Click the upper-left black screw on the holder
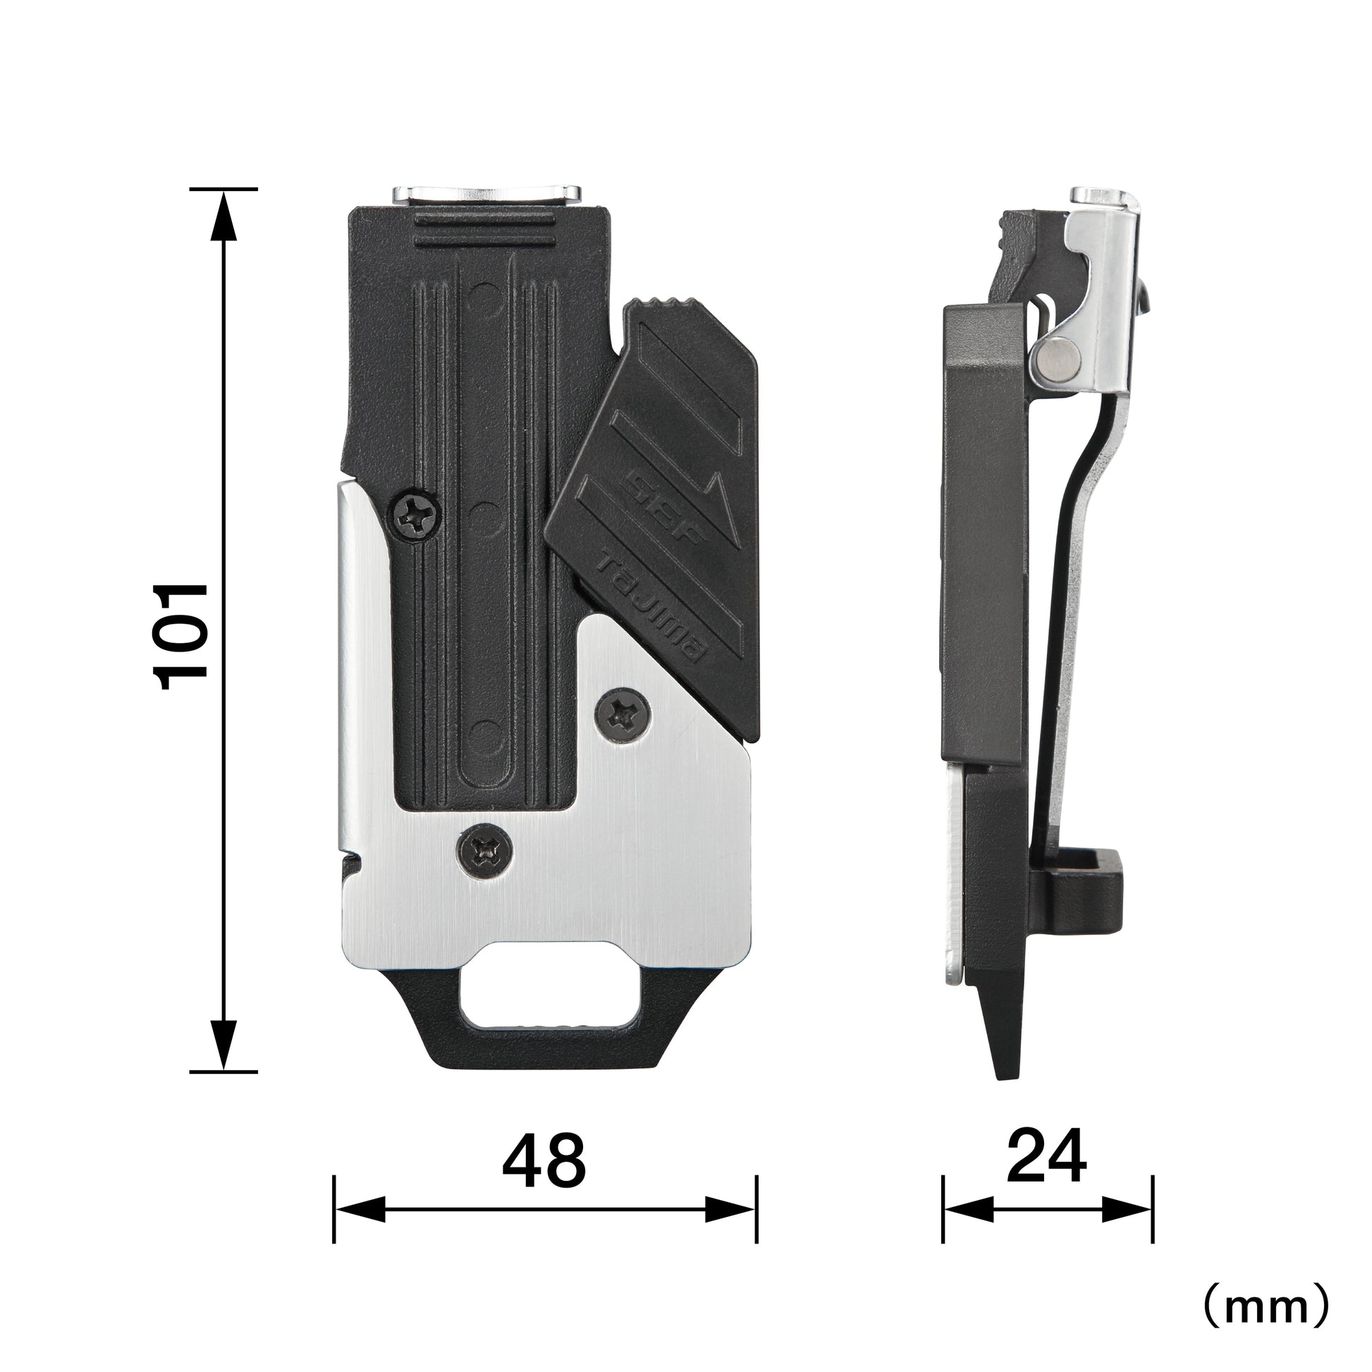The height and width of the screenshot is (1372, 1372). click(x=414, y=516)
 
